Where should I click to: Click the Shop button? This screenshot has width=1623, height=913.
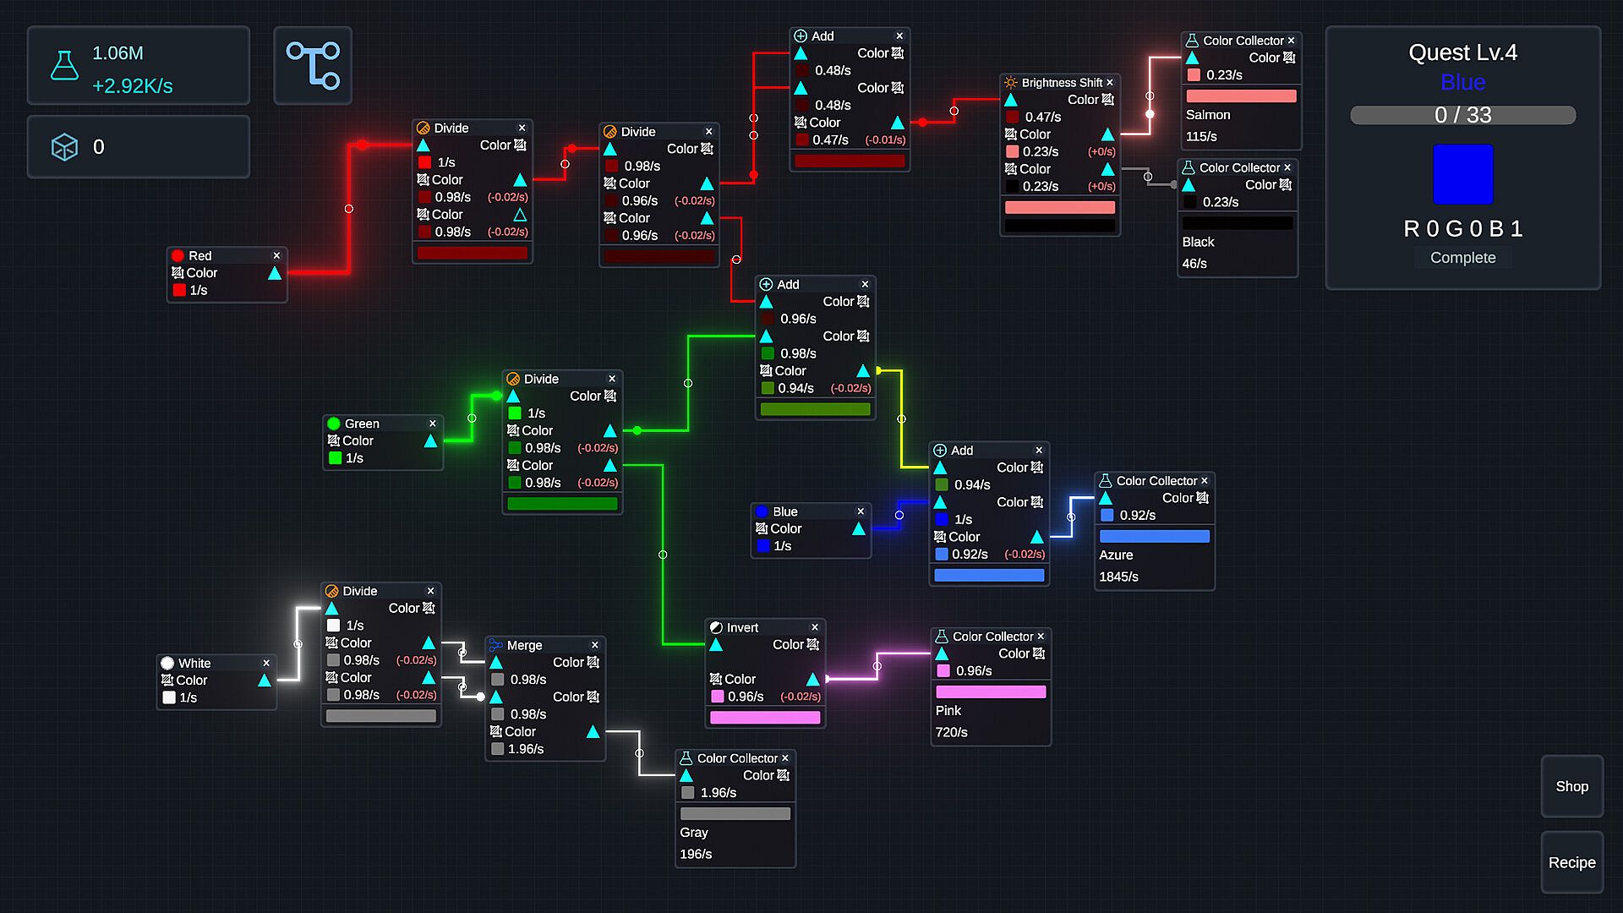pyautogui.click(x=1571, y=786)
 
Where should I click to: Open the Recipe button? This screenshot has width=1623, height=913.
pyautogui.click(x=1571, y=862)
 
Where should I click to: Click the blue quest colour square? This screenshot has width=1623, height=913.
pyautogui.click(x=1462, y=174)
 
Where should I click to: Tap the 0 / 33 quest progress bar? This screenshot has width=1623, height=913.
pyautogui.click(x=1462, y=115)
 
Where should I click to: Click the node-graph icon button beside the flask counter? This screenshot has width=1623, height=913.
pyautogui.click(x=313, y=65)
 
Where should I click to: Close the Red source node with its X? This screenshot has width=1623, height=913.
pyautogui.click(x=276, y=255)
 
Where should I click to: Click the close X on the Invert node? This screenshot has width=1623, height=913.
pyautogui.click(x=815, y=627)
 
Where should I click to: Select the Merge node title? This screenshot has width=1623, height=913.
pyautogui.click(x=524, y=645)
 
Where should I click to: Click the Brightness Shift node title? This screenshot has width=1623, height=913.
pyautogui.click(x=1062, y=83)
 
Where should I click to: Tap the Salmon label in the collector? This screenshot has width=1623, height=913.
pyautogui.click(x=1208, y=115)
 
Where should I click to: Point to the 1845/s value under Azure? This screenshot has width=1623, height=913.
pyautogui.click(x=1118, y=577)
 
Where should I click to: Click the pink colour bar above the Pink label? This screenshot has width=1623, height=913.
pyautogui.click(x=991, y=692)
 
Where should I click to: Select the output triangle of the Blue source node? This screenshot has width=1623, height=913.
pyautogui.click(x=859, y=528)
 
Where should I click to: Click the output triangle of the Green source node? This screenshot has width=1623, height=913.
pyautogui.click(x=430, y=440)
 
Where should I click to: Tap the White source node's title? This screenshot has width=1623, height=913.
pyautogui.click(x=194, y=663)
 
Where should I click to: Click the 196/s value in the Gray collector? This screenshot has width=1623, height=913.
pyautogui.click(x=696, y=854)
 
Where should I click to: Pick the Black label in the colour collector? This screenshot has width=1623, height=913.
pyautogui.click(x=1198, y=242)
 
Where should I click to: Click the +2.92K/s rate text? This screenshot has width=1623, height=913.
pyautogui.click(x=133, y=86)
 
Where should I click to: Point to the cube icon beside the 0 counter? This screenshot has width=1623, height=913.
pyautogui.click(x=64, y=147)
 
